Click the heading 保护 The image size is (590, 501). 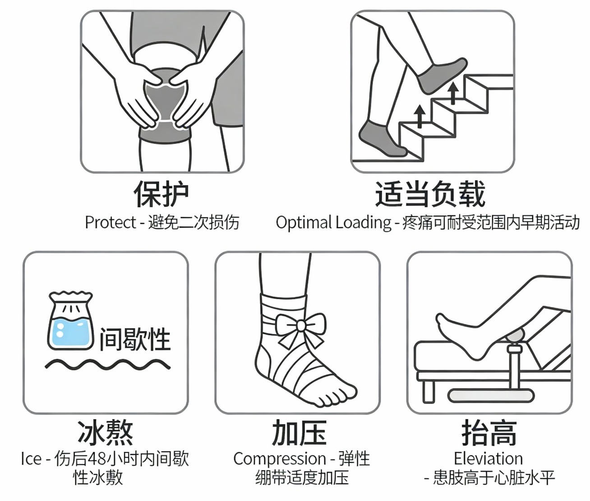point(161,194)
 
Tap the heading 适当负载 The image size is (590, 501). point(430,194)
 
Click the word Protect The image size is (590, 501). point(111,222)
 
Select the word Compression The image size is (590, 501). point(280,459)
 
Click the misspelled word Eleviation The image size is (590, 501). point(489,459)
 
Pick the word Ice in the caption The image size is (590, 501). point(31,459)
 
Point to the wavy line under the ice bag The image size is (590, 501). point(108,365)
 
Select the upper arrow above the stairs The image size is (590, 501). point(453,93)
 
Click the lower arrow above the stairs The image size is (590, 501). point(419,116)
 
